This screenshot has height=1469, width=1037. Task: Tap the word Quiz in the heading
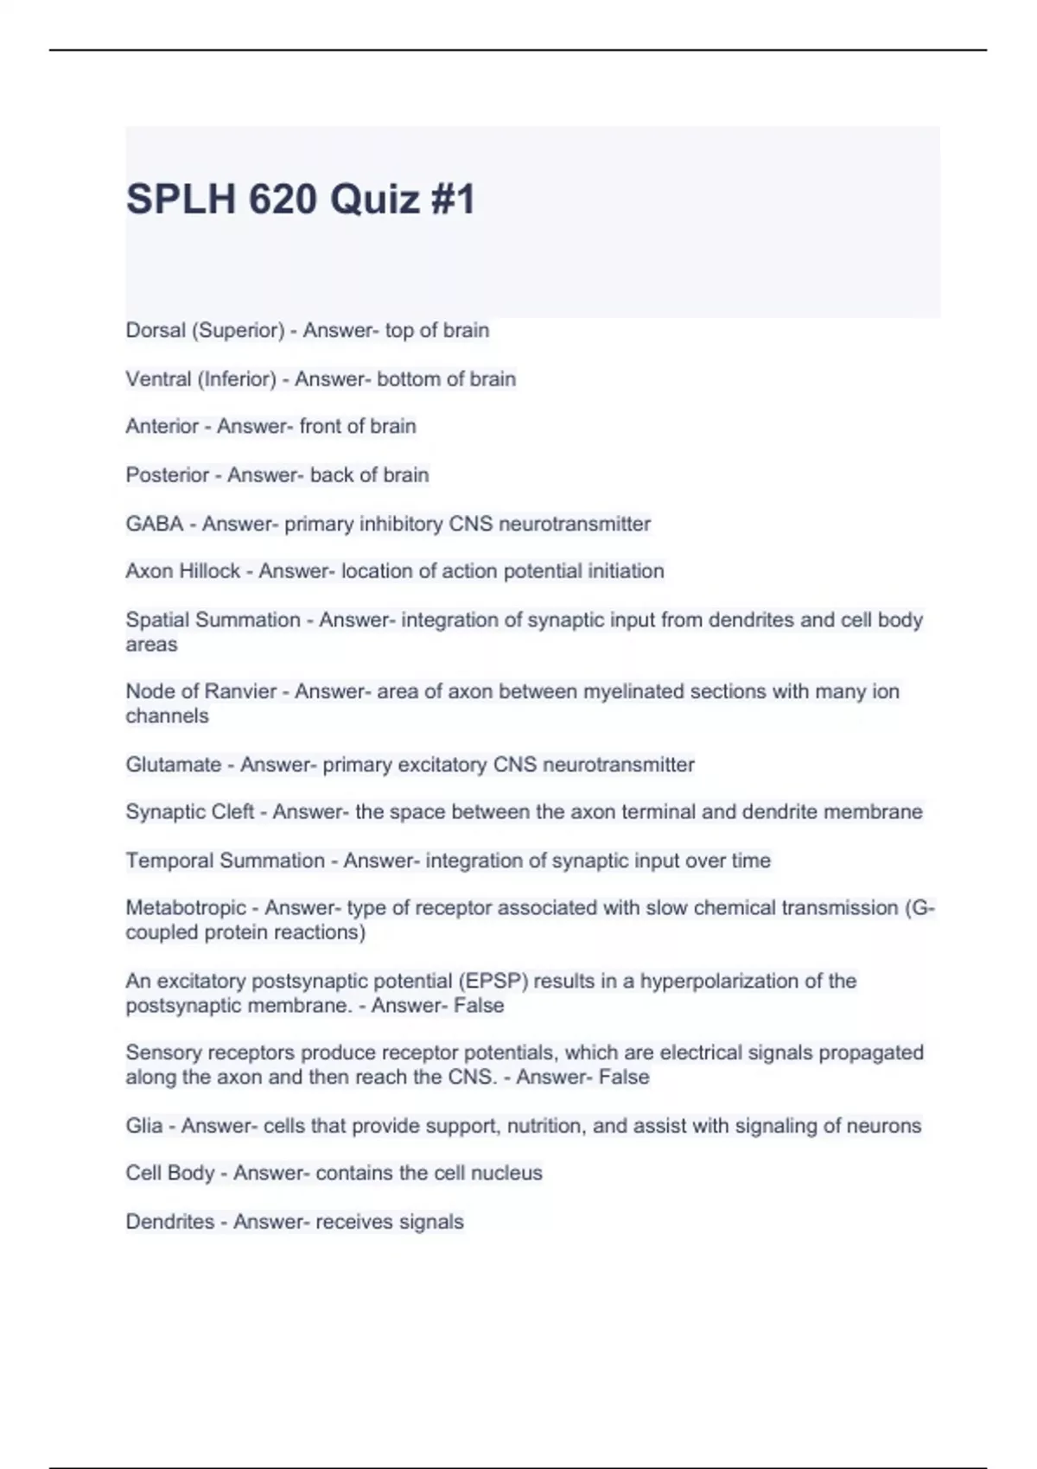[374, 200]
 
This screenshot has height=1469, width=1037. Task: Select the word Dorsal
[156, 330]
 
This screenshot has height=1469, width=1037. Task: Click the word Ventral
[157, 378]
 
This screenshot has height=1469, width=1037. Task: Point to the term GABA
[154, 524]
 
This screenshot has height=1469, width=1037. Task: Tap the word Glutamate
[173, 765]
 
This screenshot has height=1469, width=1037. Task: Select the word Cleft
[230, 812]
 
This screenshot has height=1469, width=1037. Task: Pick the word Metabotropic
[186, 908]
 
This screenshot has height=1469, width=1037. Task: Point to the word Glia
[143, 1126]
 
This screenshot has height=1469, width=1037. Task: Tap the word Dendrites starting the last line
[169, 1222]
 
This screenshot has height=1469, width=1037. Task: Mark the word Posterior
[167, 475]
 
